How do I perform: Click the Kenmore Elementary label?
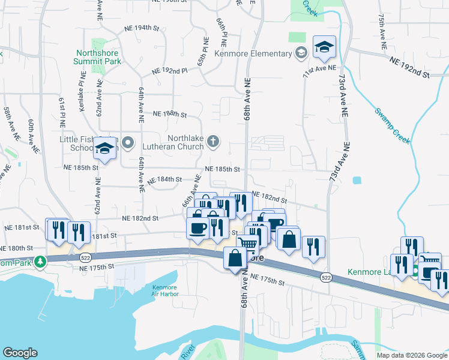[x=260, y=54]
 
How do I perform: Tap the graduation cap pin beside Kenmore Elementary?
[x=324, y=47]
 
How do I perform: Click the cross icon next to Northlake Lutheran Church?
[x=212, y=142]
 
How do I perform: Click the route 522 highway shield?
[x=325, y=277]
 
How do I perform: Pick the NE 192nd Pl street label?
[x=170, y=71]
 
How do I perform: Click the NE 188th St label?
[x=170, y=113]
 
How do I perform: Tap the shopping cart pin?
[x=247, y=244]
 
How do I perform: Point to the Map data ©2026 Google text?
[x=411, y=355]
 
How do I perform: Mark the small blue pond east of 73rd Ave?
[x=358, y=180]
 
